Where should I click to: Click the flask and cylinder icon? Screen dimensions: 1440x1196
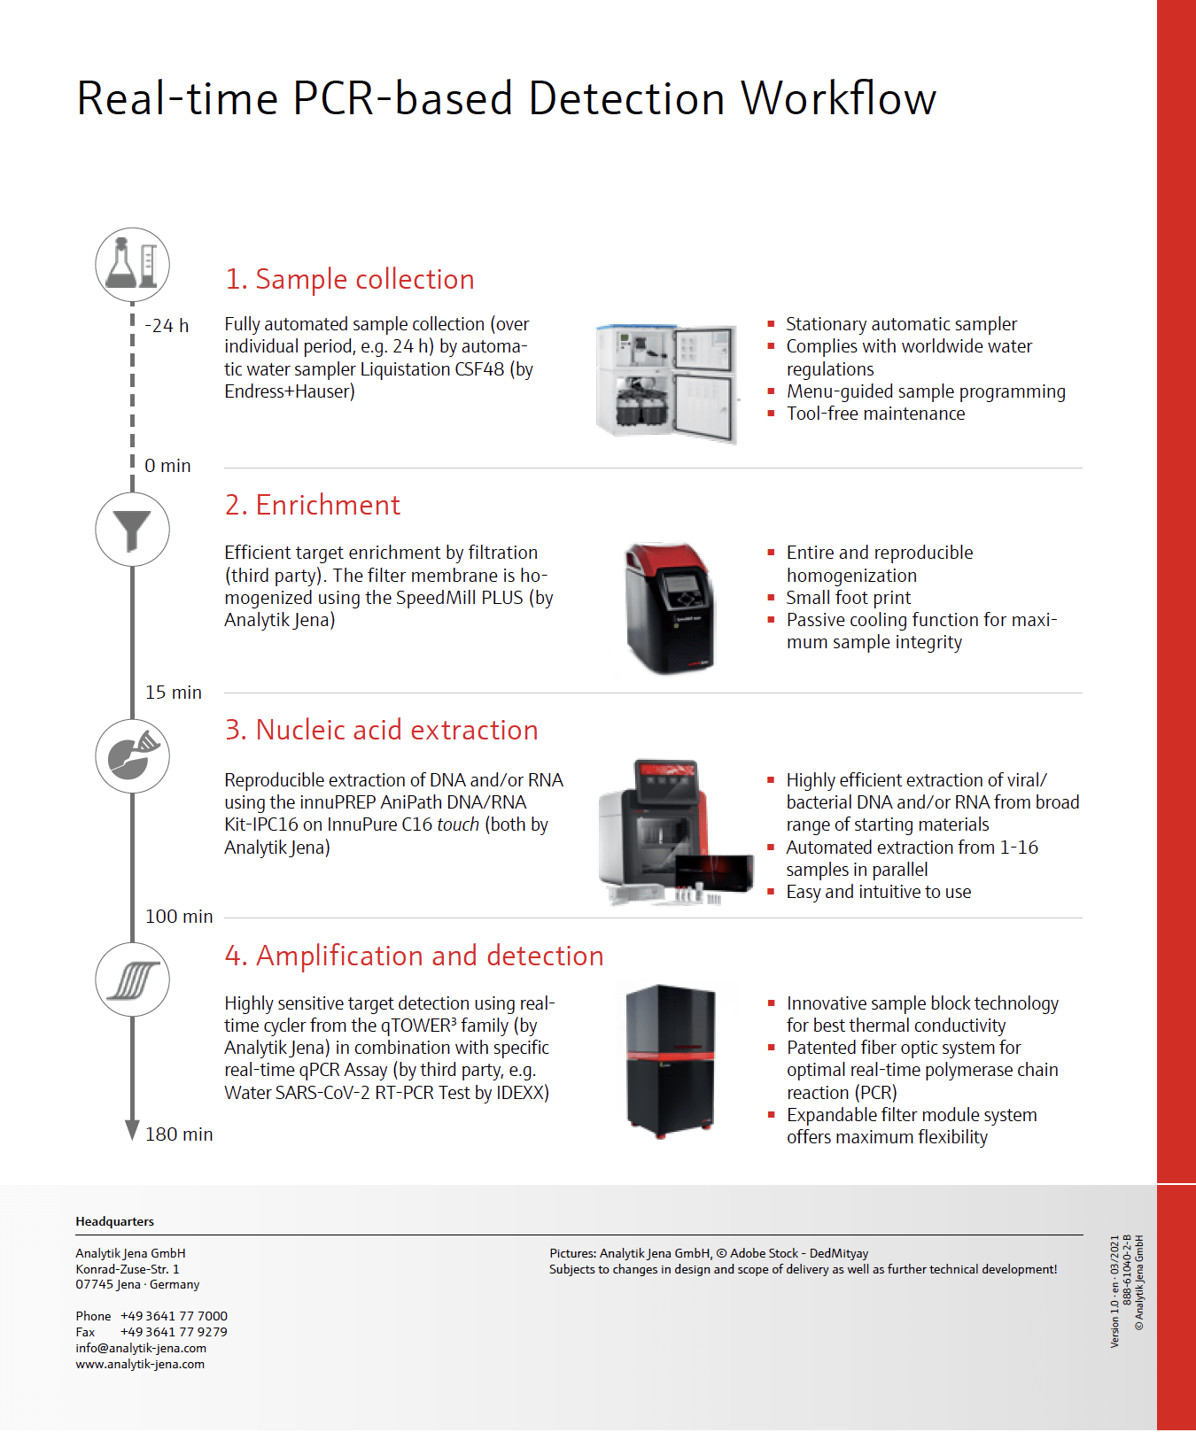coord(132,264)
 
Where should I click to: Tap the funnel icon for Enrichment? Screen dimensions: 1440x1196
coord(132,530)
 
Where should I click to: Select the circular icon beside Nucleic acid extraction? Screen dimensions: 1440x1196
coord(132,755)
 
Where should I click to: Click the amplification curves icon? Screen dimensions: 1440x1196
coord(132,979)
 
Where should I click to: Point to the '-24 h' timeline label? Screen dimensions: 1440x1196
coord(167,326)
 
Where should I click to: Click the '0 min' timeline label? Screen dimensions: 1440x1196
coord(167,466)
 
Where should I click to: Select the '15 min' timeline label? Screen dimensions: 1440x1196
coord(174,693)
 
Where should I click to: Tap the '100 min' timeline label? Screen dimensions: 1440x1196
coord(179,917)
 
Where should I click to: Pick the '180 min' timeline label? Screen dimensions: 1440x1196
coord(179,1134)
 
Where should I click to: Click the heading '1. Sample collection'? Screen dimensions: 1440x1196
coord(350,279)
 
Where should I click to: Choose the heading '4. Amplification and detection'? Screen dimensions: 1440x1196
coord(414,956)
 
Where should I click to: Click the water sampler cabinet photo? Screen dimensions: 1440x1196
coord(666,382)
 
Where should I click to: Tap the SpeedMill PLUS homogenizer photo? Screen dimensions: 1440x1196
coord(670,608)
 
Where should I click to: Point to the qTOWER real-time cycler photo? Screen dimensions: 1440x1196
coord(671,1060)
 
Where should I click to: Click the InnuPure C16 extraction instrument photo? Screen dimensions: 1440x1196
coord(675,832)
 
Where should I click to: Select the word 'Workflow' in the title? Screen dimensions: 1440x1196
coord(838,98)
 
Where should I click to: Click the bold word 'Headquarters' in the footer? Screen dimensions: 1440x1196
coord(115,1221)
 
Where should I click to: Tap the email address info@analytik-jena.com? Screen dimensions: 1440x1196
coord(141,1348)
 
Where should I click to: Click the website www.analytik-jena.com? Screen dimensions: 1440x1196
coord(140,1364)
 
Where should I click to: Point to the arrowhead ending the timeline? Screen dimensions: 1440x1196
coord(132,1130)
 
